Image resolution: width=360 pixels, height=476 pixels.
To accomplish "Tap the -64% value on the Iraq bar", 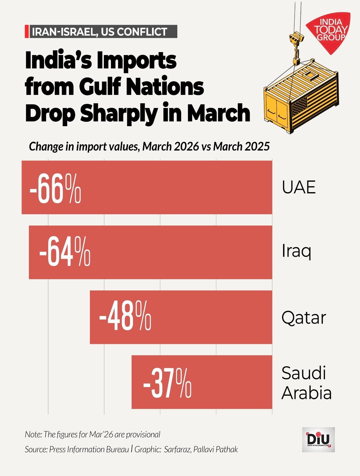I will tap(65, 252).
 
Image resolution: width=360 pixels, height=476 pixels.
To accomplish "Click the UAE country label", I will tap(299, 187).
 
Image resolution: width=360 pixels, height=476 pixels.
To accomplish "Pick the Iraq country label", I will tap(296, 251).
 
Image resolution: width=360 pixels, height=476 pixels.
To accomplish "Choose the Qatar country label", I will tap(304, 317).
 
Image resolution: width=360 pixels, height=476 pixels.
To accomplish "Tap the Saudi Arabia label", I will tap(306, 383).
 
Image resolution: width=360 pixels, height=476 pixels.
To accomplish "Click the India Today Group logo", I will tap(330, 31).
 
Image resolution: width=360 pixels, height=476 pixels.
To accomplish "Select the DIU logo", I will tap(318, 439).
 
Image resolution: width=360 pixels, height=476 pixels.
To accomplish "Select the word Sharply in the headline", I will tap(119, 113).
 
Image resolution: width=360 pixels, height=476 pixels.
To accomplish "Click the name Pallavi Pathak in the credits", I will tap(215, 449).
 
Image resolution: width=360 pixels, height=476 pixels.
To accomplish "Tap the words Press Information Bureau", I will tap(89, 449).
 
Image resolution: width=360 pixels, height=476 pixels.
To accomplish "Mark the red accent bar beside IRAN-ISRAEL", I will tap(26, 32).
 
